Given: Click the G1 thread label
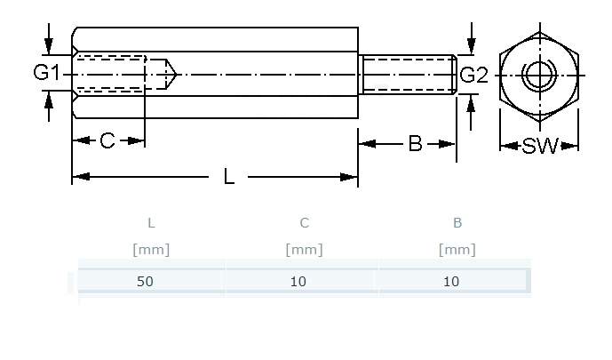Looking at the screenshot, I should tap(47, 73).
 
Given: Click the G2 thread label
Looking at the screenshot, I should tap(474, 75).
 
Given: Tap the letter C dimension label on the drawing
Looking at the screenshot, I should tap(107, 141).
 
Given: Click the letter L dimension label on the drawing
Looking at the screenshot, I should tap(229, 177).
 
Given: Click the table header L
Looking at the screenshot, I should tap(151, 223).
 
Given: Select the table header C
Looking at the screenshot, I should tap(305, 223).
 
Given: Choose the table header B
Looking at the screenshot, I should tap(457, 223).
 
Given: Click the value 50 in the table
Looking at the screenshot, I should tap(146, 282).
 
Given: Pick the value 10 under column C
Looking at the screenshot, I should tap(298, 282).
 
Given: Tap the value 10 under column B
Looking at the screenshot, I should tap(451, 282).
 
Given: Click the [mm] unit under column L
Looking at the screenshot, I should tap(151, 250).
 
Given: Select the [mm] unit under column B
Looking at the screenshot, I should tap(457, 250).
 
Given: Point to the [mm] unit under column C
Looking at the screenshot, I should tap(305, 250).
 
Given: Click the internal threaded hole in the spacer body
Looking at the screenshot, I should tap(112, 74).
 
